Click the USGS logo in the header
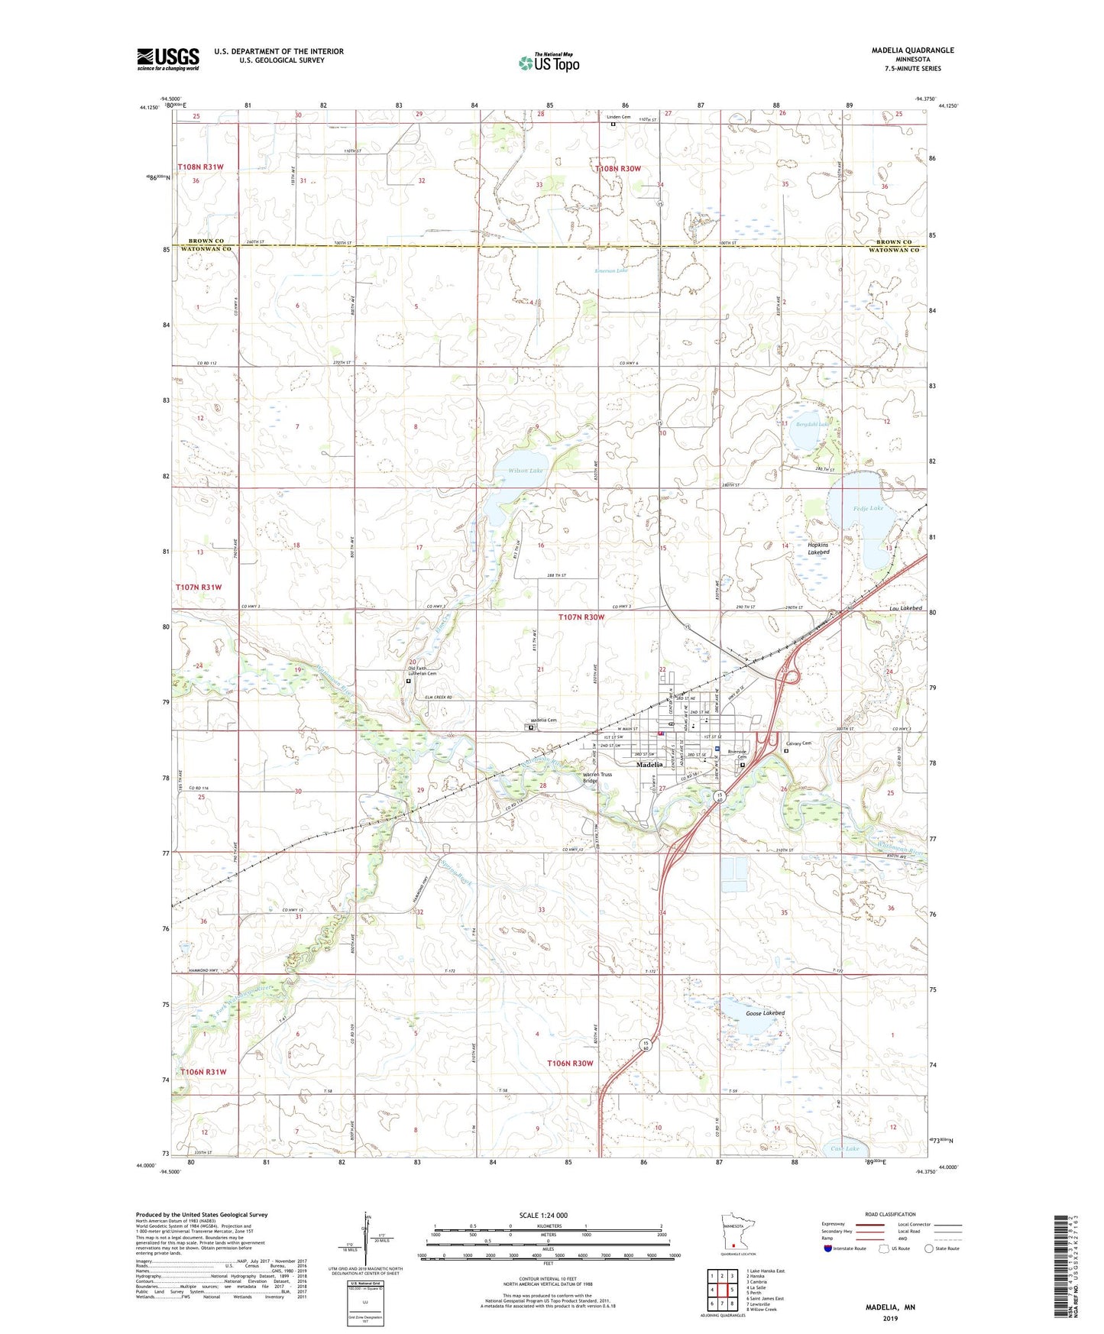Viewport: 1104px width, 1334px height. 167,59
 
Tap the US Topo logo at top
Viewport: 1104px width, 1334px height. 548,62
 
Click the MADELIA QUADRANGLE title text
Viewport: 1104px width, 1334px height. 912,50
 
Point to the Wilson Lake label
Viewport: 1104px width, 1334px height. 526,471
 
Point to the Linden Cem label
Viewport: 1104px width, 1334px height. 619,117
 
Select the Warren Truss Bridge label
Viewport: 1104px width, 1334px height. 597,778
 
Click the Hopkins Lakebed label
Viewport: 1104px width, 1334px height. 818,549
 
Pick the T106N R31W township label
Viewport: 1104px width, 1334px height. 203,1072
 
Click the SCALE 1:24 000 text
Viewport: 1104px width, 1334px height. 543,1216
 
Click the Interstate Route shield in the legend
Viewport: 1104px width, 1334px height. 828,1248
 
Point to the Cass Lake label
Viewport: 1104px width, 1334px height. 844,1149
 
